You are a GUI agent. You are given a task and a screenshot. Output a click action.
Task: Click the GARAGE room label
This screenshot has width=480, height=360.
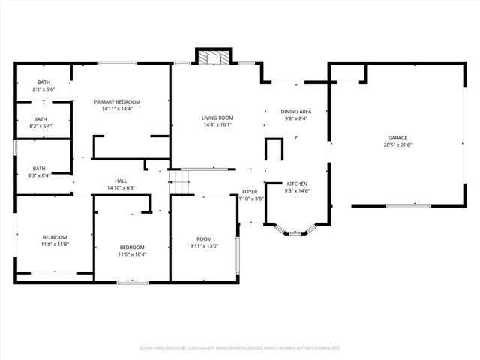tap(397, 139)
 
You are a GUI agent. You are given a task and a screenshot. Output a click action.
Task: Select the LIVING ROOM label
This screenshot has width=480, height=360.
tap(217, 118)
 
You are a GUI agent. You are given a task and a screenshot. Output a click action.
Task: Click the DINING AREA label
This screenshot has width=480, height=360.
tap(296, 111)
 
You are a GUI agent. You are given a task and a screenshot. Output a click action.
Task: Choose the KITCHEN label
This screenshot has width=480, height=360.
tap(296, 184)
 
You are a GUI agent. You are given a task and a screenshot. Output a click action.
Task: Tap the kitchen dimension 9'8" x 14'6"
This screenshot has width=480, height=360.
tap(296, 191)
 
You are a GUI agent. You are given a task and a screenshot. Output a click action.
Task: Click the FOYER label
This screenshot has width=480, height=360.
tap(250, 192)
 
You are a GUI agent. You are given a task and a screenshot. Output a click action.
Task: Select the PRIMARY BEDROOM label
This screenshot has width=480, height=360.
tap(117, 102)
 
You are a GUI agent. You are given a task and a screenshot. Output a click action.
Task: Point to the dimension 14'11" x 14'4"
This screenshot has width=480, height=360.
tap(117, 109)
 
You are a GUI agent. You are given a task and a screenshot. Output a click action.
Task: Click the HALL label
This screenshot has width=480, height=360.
tap(121, 181)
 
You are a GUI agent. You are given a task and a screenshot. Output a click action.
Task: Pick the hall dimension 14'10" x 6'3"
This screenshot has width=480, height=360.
tap(121, 188)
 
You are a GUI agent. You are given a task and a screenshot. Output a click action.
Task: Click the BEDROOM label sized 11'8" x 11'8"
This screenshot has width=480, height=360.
tap(55, 237)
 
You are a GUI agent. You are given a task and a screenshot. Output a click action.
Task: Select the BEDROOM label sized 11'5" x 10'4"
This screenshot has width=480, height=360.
tap(132, 247)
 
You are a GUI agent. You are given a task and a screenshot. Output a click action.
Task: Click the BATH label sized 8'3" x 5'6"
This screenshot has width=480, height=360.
tap(43, 82)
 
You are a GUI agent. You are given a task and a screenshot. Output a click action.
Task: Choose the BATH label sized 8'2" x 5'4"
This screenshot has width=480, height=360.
tap(40, 119)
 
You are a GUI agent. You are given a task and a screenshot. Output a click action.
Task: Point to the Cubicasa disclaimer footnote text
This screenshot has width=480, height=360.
tap(240, 348)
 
